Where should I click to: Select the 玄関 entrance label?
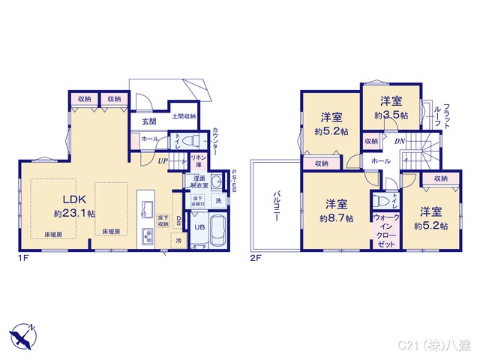[148, 122]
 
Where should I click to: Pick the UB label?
[199, 227]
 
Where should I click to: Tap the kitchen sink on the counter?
[148, 208]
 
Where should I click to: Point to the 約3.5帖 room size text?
[391, 115]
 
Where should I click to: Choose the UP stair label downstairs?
[163, 160]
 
